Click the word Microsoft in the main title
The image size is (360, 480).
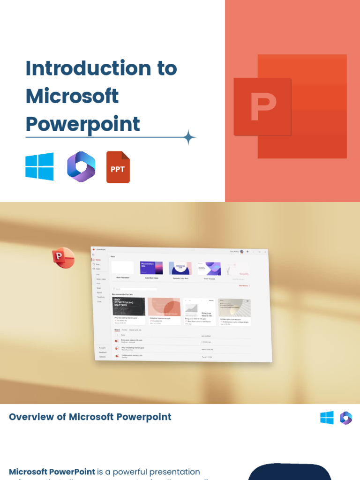click(x=72, y=96)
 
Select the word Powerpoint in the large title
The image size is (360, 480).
click(x=82, y=124)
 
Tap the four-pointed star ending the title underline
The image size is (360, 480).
click(x=189, y=138)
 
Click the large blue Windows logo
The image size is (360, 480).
click(x=39, y=166)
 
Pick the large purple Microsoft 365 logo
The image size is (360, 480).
click(x=81, y=166)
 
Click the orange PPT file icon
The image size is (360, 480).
click(x=118, y=167)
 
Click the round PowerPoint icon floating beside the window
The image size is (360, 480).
click(x=63, y=258)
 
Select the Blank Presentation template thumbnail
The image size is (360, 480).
click(x=122, y=268)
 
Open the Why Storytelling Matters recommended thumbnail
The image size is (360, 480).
click(x=129, y=307)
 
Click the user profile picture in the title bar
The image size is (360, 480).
click(x=241, y=252)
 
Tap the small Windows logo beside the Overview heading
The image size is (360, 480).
click(x=327, y=418)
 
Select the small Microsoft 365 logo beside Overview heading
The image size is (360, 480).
click(x=346, y=418)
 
